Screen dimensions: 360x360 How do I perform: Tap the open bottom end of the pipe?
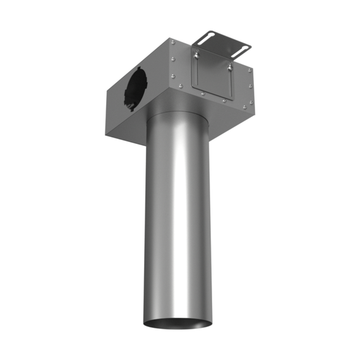pyautogui.click(x=177, y=325)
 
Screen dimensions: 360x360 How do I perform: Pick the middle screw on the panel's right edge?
pyautogui.click(x=251, y=86)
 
